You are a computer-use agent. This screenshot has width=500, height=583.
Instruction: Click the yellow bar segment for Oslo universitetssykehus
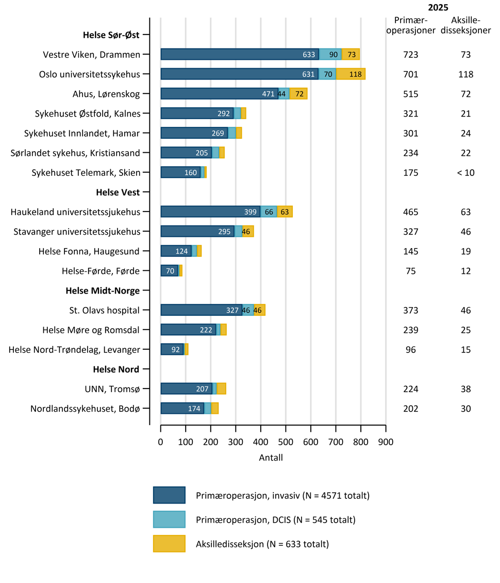point(351,74)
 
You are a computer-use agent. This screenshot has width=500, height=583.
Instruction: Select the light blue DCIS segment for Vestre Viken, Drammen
point(330,54)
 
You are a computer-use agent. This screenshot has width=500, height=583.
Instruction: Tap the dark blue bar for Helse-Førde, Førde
point(170,271)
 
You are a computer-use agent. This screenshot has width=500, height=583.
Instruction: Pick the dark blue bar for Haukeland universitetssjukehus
point(211,212)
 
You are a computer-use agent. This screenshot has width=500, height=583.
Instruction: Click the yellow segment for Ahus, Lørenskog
point(298,94)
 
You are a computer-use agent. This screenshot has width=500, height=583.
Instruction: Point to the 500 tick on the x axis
point(286,428)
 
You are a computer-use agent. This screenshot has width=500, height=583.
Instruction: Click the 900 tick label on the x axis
point(386,442)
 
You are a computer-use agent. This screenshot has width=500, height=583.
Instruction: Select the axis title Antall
point(271,458)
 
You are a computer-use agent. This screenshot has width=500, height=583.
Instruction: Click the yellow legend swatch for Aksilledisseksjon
point(169,544)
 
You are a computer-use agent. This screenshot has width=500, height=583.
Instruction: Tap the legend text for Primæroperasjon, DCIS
point(276,520)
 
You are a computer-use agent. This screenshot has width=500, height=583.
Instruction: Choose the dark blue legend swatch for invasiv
point(169,495)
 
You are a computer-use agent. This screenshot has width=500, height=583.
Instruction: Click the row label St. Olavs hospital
point(105,310)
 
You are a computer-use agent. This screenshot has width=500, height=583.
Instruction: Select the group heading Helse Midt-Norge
point(103,291)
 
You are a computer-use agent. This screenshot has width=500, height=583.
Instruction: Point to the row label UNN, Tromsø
point(112,390)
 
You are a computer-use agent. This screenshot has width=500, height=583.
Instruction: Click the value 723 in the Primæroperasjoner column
point(411,55)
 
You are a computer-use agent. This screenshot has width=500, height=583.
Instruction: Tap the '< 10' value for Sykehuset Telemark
point(466,172)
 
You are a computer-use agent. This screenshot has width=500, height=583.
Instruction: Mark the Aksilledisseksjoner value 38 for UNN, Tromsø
point(466,389)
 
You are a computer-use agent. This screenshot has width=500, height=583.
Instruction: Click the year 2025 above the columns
point(438,7)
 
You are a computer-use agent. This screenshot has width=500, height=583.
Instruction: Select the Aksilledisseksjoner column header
point(466,25)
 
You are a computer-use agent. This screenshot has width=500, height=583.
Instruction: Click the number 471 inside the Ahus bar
point(268,94)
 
